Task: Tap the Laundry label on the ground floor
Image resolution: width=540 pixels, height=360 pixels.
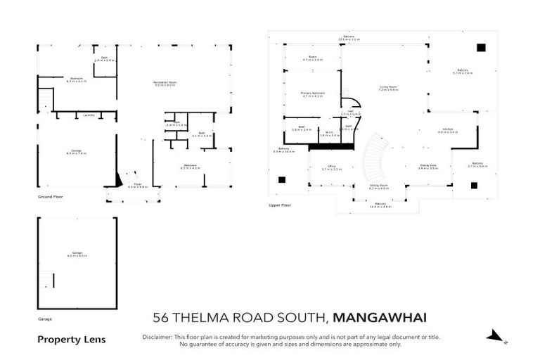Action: (89, 115)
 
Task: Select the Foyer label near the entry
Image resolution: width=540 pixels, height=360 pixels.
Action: (138, 185)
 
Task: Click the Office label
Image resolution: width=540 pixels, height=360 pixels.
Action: (330, 167)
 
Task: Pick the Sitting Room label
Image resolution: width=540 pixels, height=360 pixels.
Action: (379, 186)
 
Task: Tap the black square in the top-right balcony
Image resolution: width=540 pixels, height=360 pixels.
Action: (481, 48)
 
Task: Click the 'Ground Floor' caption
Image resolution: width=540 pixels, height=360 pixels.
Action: (50, 198)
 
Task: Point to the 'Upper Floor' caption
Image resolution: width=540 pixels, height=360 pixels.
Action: (280, 206)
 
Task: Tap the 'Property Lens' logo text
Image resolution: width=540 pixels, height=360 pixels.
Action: (71, 340)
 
